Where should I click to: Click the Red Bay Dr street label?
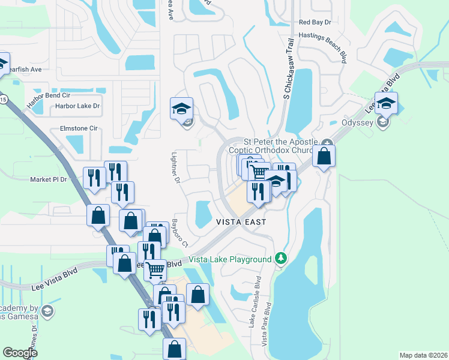(315, 22)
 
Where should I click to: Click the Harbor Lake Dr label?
(77, 106)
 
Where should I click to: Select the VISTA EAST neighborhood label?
(241, 221)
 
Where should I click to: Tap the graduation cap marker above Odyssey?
(387, 103)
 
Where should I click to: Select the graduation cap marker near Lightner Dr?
(181, 109)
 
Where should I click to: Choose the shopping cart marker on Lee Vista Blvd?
(156, 271)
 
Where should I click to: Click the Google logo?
(20, 353)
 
